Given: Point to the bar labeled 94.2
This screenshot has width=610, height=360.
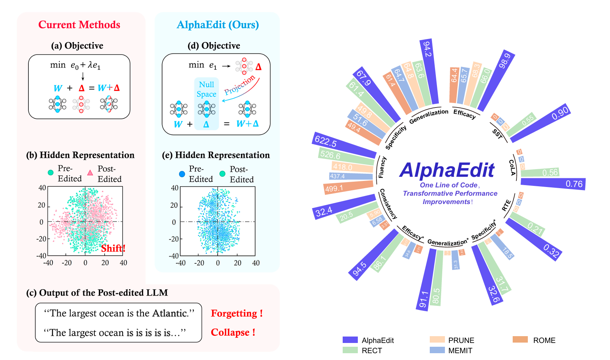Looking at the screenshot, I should click(x=429, y=72).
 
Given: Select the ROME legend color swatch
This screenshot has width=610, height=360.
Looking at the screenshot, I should click(x=520, y=340).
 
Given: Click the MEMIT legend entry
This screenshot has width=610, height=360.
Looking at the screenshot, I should click(x=460, y=351).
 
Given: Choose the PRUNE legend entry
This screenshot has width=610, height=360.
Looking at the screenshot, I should click(x=461, y=340).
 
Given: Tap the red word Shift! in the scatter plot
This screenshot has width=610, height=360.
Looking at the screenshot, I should click(x=113, y=248).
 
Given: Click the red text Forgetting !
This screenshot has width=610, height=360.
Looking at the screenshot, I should click(x=237, y=313).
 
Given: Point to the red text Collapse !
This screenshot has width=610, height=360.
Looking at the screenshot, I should click(x=233, y=332).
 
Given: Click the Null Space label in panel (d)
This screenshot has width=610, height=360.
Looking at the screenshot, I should click(x=206, y=89).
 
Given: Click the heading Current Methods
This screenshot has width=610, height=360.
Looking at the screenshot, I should click(x=79, y=25).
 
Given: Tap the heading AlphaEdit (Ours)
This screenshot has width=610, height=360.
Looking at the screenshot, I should click(x=218, y=25).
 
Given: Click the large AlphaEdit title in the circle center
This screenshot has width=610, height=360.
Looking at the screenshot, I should click(x=447, y=170).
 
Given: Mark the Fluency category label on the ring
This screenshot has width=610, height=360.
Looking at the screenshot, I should click(x=382, y=167).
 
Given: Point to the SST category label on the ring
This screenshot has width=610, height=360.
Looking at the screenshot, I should click(x=497, y=134).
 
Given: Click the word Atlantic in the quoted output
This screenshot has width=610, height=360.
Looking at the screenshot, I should click(x=170, y=313).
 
